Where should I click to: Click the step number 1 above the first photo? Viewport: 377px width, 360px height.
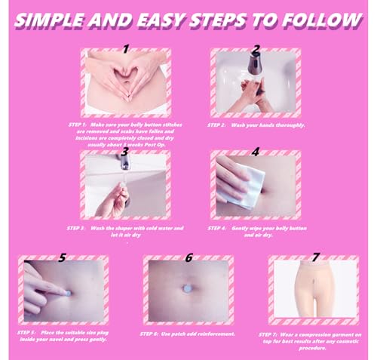point(126,50)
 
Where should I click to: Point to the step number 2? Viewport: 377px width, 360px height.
point(256,50)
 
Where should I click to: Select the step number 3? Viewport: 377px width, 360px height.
point(125,151)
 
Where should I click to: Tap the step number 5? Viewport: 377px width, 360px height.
point(62,257)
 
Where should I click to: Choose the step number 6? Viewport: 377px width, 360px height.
point(188,257)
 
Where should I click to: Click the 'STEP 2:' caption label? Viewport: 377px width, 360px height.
point(219,125)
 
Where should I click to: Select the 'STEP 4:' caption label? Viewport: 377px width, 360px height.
point(219,227)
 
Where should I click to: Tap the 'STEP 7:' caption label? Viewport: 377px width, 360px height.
point(270,333)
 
